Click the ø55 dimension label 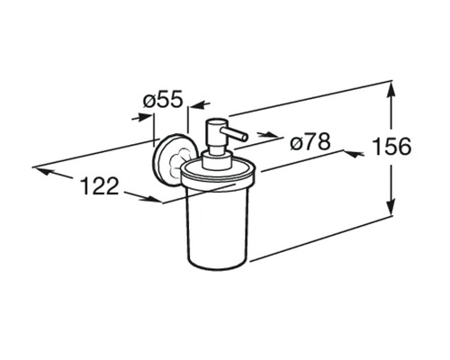163,100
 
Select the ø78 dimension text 310,141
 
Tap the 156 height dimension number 391,147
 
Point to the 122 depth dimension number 100,185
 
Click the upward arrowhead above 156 391,89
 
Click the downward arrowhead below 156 391,207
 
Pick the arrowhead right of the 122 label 153,199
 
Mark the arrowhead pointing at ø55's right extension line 196,105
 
